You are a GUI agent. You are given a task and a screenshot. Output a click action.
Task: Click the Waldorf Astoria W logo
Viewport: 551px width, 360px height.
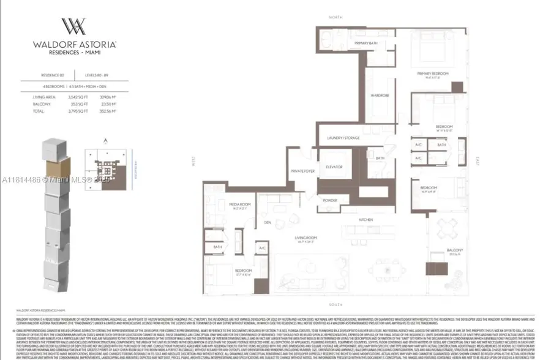pyautogui.click(x=72, y=28)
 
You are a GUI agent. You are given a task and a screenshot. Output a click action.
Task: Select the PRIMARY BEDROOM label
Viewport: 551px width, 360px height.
pyautogui.click(x=433, y=74)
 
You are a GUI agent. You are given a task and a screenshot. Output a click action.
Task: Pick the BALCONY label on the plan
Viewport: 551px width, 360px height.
pyautogui.click(x=454, y=250)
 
